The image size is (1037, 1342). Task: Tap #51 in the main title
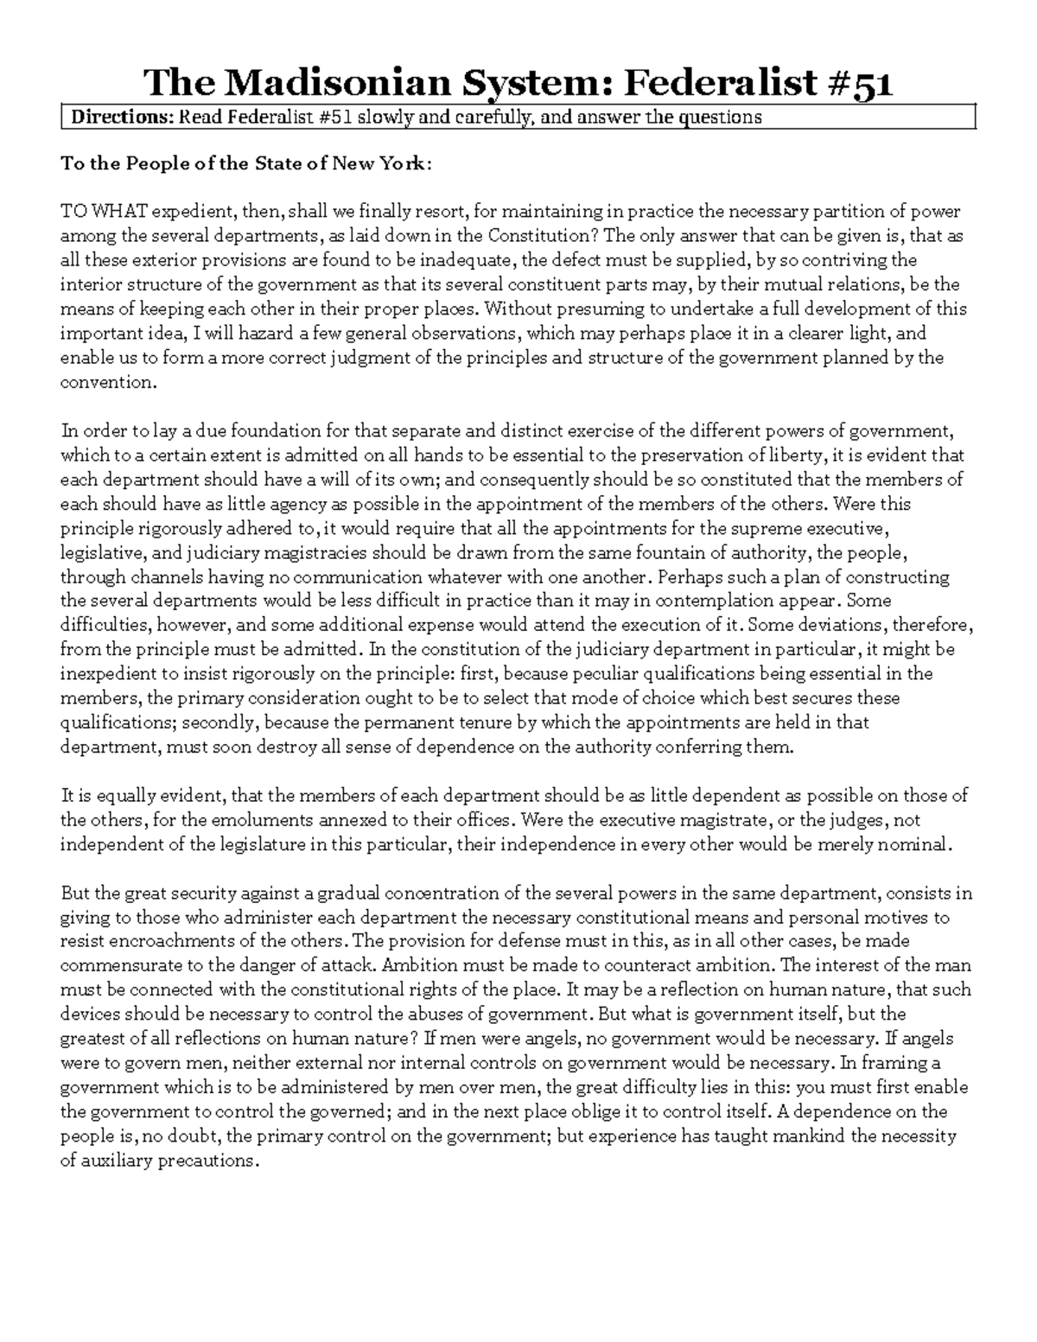(860, 83)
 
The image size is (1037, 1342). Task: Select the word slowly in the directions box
(385, 118)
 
